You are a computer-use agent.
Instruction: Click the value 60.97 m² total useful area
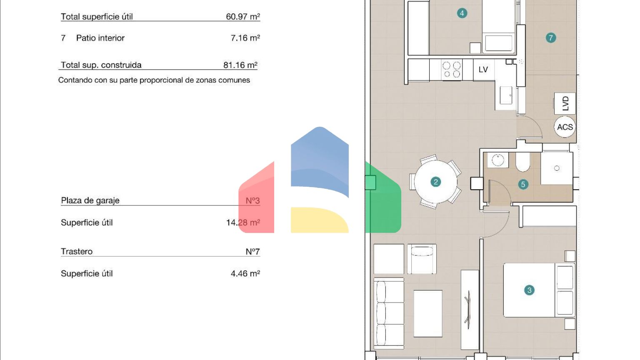coord(243,17)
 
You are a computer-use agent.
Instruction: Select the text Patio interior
coord(100,38)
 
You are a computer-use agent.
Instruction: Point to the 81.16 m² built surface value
coord(240,65)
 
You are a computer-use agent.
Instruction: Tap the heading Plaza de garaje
coord(90,200)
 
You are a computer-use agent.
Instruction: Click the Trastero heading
coord(77,251)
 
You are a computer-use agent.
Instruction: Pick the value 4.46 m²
coord(245,274)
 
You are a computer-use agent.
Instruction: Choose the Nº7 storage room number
coord(252,252)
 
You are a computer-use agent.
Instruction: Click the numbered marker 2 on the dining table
coord(436,182)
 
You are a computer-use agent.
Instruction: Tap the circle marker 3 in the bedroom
coord(529,290)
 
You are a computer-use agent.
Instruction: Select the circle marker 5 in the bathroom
coord(523,184)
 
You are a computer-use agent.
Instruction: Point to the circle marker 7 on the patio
coord(551,38)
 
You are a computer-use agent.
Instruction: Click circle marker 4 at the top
coord(462,13)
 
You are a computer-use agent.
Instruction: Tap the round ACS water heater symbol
coord(565,127)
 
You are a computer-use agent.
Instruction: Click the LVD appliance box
coord(565,103)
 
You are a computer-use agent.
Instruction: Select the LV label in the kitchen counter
coord(483,70)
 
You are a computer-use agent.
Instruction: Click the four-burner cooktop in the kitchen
coord(451,70)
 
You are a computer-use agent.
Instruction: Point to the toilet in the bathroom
coord(522,162)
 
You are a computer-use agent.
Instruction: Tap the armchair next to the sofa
coord(422,259)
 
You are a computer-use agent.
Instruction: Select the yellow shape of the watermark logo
coord(320,220)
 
